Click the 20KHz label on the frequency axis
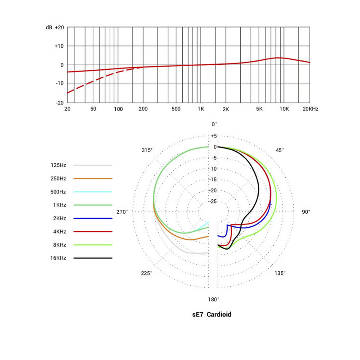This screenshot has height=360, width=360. (310, 109)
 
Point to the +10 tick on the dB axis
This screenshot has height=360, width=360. (59, 46)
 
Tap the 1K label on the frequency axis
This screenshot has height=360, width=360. (201, 109)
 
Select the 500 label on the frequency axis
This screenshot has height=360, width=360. (176, 109)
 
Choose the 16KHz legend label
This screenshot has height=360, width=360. (58, 258)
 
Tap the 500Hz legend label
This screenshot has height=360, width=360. (58, 192)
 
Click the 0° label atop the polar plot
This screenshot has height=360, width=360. (214, 124)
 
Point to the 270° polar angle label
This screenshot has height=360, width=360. (122, 211)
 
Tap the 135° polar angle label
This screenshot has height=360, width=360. (280, 273)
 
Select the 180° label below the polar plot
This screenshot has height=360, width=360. (213, 299)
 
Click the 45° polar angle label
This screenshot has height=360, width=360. (280, 150)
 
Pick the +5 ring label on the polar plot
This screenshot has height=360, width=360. (213, 136)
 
